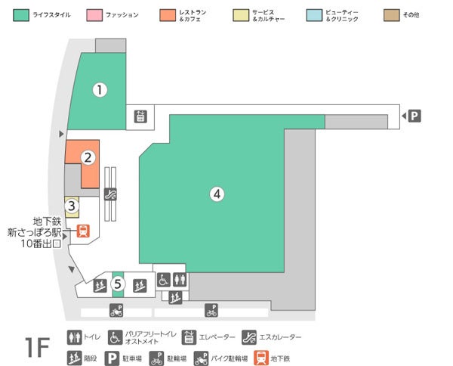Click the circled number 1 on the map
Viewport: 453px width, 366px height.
[x=99, y=89]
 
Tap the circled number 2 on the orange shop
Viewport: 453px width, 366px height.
[x=88, y=157]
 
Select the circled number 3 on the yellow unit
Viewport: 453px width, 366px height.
[x=71, y=204]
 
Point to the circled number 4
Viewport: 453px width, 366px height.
[x=217, y=194]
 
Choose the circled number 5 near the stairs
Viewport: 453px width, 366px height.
[x=117, y=284]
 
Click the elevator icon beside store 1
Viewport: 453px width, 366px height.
[x=140, y=116]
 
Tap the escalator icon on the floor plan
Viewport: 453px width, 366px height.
[x=111, y=193]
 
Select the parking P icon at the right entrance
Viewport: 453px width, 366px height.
[x=414, y=116]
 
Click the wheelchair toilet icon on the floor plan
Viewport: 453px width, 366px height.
[x=164, y=279]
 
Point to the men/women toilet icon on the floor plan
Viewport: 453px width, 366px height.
[x=178, y=279]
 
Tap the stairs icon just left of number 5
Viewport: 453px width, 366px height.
[x=98, y=285]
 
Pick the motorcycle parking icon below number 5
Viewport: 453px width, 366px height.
[x=116, y=310]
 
